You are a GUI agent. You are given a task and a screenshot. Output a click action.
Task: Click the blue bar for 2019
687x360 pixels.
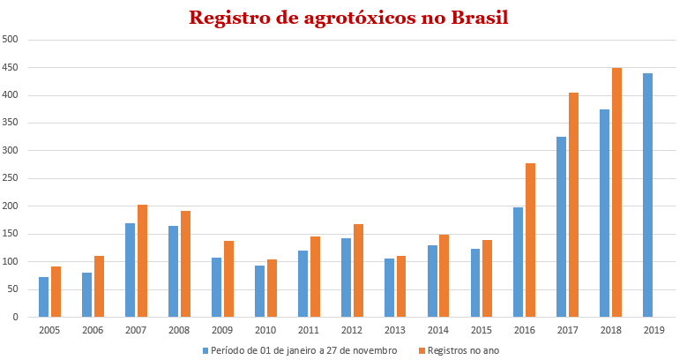648,195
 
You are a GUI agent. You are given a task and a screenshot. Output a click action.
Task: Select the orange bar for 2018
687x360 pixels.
617,192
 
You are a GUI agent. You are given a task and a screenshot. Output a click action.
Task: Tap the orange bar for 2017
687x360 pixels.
574,205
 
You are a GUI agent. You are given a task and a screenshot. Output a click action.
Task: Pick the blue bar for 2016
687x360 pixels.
519,262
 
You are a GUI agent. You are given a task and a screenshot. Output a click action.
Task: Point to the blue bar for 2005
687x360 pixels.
43,296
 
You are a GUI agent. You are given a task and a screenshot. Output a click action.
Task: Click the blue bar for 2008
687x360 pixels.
173,271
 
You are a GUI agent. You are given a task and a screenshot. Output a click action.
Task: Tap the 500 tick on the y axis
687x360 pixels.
11,40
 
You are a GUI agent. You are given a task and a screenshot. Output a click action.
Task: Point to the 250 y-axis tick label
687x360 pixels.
11,178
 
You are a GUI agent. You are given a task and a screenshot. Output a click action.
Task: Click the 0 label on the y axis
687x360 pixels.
16,317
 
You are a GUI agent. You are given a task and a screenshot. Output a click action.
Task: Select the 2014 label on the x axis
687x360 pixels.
438,330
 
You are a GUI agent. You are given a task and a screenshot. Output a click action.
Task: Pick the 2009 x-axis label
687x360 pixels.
222,330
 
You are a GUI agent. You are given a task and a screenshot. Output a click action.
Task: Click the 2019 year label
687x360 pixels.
654,330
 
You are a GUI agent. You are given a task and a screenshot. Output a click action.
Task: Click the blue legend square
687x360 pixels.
205,350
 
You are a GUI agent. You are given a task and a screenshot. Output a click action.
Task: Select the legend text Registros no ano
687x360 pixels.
463,350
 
